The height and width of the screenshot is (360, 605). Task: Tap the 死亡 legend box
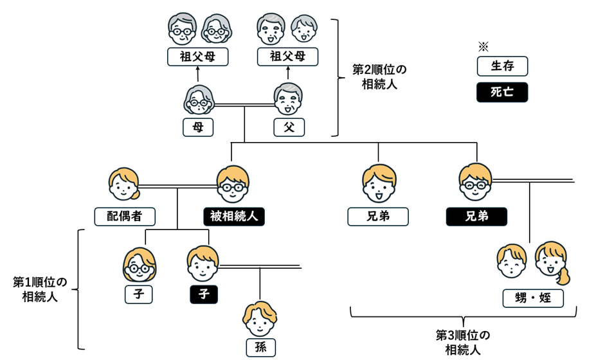point(502,92)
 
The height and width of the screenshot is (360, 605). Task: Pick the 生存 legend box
point(502,66)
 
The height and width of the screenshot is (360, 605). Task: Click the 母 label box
point(198,127)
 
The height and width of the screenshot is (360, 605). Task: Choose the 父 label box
point(288,127)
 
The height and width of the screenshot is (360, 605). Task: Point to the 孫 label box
point(260,348)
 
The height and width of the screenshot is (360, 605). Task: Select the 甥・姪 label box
point(534,298)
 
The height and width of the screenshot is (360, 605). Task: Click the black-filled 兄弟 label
point(476,216)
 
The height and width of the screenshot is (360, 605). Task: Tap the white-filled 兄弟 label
point(378,216)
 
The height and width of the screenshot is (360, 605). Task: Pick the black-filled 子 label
point(203,294)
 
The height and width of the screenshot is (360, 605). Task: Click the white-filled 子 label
point(138,294)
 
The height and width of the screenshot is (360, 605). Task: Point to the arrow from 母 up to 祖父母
point(198,75)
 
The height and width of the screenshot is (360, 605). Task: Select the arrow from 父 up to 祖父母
point(288,75)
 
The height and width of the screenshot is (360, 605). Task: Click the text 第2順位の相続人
point(380,76)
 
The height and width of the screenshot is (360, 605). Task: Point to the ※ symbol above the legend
point(483,46)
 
